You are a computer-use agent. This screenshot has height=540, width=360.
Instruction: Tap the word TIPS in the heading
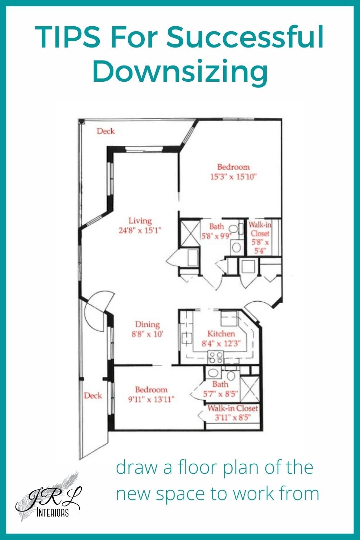pyautogui.click(x=68, y=38)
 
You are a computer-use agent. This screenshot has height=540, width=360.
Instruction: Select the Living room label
pyautogui.click(x=140, y=221)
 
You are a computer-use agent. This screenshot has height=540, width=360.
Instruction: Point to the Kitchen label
pyautogui.click(x=221, y=334)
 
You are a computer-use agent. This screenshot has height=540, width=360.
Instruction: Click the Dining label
pyautogui.click(x=147, y=324)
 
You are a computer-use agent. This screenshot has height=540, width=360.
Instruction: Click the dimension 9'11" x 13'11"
pyautogui.click(x=151, y=399)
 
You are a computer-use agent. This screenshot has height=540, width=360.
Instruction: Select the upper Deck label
pyautogui.click(x=105, y=131)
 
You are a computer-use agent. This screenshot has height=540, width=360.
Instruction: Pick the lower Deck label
pyautogui.click(x=93, y=396)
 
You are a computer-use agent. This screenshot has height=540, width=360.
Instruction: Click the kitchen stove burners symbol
pyautogui.click(x=216, y=357)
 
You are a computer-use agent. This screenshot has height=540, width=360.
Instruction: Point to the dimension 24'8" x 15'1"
pyautogui.click(x=140, y=230)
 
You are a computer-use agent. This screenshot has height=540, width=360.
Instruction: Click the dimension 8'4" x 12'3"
pyautogui.click(x=221, y=343)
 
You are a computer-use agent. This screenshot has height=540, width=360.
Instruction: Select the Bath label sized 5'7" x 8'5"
pyautogui.click(x=220, y=384)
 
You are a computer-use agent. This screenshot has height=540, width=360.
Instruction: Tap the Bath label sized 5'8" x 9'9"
pyautogui.click(x=216, y=226)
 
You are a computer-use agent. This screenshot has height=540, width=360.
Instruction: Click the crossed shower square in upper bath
pyautogui.click(x=187, y=232)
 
